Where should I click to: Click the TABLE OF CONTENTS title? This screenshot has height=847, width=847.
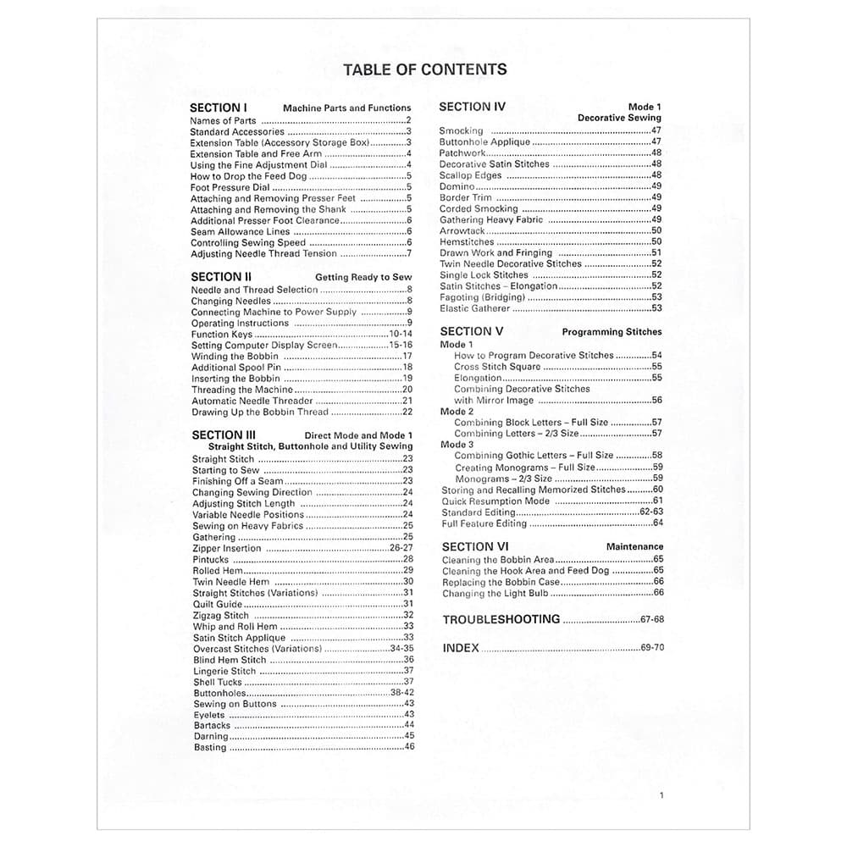pos(424,69)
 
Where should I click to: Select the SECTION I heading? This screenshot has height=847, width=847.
pos(219,108)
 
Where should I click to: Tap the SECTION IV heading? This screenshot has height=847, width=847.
pos(472,107)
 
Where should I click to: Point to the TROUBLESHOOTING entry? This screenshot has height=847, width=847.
pos(501,619)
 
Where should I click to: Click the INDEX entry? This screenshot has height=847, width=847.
pos(461,648)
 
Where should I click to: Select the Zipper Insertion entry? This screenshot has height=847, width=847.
pos(226,548)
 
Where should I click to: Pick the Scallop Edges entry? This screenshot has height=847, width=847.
pos(470,175)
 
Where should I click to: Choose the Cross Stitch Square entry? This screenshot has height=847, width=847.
pos(496,367)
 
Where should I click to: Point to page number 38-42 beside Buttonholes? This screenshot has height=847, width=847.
pos(401,693)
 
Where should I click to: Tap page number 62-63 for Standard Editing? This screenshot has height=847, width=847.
pos(651,512)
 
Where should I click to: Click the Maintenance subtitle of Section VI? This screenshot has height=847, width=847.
pos(634,547)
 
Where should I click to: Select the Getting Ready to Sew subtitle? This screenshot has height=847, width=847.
pos(363,277)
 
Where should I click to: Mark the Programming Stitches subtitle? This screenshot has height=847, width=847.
pos(612,332)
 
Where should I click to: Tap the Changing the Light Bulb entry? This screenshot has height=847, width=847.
pos(495,594)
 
